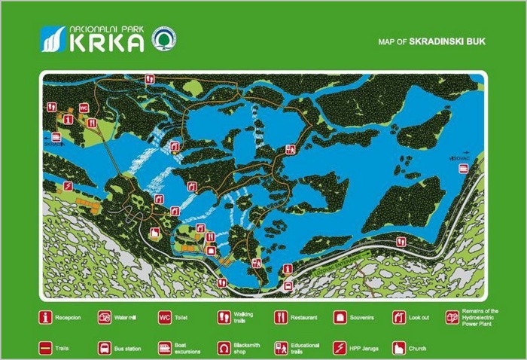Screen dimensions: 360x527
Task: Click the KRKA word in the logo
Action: point(106,43)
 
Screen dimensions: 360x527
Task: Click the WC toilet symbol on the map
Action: point(84,108)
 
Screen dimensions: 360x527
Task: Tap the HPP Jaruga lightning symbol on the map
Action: point(68,186)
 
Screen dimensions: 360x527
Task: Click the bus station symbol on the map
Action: point(288,285)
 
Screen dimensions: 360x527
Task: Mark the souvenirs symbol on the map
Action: point(211,251)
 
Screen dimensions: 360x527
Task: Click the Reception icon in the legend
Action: point(46,318)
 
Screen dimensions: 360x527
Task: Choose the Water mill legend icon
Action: point(105,318)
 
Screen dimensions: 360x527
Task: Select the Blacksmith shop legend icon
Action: point(224,348)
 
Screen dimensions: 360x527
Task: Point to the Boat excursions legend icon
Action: point(164,348)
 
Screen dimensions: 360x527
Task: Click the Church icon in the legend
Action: point(398,348)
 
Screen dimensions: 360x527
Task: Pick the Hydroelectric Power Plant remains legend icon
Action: point(452,318)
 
